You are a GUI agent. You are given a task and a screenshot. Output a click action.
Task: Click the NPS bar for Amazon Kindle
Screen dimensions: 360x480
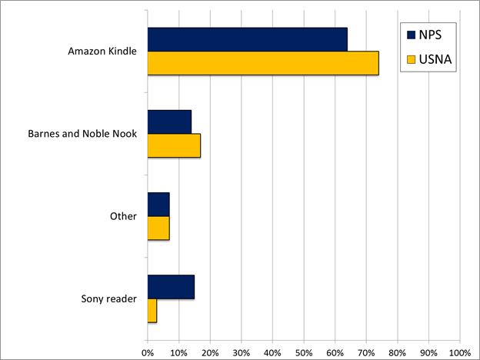point(247,39)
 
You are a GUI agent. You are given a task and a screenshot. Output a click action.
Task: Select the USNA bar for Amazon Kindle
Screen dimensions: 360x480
point(262,63)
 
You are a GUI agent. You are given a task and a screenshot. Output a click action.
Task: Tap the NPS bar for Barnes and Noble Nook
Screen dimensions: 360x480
point(169,122)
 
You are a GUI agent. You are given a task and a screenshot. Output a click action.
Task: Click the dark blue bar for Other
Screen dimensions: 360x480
point(158,204)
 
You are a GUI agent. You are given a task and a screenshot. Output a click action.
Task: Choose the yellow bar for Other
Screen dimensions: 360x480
point(158,228)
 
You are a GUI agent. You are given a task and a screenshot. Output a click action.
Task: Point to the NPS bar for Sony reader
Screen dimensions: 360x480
point(171,287)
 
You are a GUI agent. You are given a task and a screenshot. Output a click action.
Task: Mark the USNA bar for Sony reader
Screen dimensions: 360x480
point(152,311)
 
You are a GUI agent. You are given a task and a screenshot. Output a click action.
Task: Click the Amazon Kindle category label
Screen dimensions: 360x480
point(102,52)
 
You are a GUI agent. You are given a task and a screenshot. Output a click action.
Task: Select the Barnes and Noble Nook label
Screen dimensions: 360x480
point(82,134)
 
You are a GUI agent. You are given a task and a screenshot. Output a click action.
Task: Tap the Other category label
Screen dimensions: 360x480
point(123,216)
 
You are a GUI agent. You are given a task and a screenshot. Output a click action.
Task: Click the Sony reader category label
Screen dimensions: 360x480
point(108,298)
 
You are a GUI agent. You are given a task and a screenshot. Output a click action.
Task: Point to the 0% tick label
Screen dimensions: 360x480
point(148,353)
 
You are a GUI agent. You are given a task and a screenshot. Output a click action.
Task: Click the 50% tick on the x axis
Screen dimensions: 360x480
point(304,353)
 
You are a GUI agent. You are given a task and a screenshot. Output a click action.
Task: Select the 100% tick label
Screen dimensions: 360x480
point(459,353)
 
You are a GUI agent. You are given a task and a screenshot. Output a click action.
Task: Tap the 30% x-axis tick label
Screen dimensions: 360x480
point(242,353)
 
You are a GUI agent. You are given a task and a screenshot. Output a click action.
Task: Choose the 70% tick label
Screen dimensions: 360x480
point(366,353)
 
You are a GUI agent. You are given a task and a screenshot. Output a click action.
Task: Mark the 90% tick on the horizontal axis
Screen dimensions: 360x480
point(428,353)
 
